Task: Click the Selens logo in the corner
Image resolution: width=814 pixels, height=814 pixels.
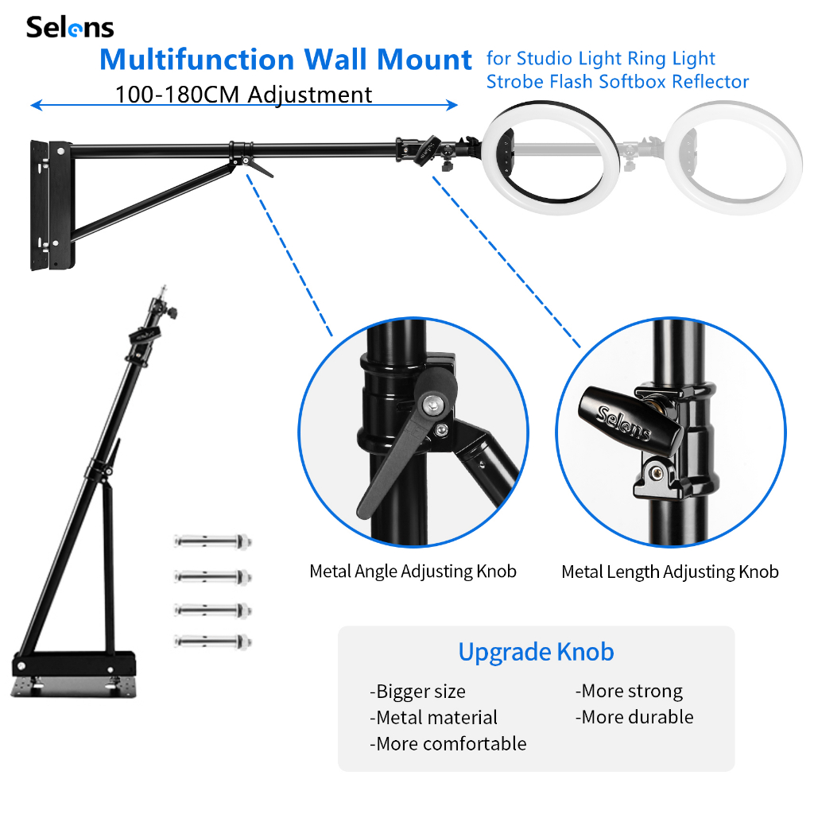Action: click(x=70, y=28)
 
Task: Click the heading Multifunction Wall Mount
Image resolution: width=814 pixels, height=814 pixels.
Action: click(x=286, y=60)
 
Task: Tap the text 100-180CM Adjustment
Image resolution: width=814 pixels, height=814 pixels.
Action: click(x=243, y=95)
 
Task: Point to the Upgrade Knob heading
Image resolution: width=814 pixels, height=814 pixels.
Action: click(x=536, y=653)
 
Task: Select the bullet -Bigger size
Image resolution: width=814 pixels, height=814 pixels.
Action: click(x=417, y=692)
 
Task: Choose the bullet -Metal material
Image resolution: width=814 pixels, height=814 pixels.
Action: click(x=433, y=718)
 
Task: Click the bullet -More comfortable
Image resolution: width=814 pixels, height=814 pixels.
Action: click(x=448, y=744)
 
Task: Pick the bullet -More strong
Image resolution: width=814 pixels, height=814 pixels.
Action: click(x=629, y=692)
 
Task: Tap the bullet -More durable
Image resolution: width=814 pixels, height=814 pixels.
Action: click(x=634, y=717)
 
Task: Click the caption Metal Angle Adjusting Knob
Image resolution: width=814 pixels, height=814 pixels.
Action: click(x=413, y=572)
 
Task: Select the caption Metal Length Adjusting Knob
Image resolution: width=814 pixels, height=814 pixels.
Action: click(x=669, y=572)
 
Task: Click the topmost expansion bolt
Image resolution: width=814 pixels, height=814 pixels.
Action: click(x=213, y=542)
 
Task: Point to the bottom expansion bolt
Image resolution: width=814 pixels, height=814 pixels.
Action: click(x=213, y=640)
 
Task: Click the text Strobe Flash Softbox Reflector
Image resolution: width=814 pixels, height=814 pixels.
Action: click(x=618, y=81)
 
